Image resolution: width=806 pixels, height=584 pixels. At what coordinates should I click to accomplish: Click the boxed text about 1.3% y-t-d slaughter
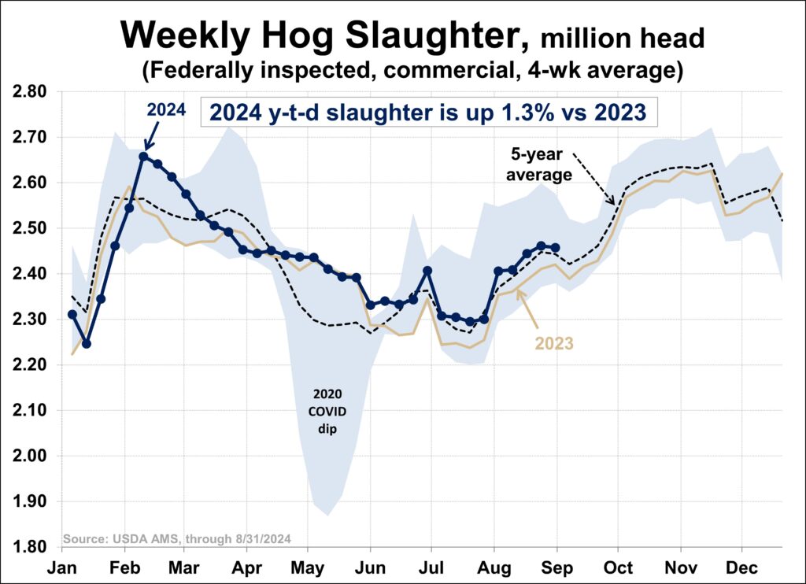[x=427, y=113]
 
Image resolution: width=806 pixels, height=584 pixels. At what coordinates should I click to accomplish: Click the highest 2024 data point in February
[x=143, y=156]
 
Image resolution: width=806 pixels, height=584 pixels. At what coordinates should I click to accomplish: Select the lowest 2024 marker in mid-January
[x=87, y=344]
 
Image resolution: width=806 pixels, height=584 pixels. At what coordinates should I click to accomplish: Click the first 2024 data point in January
[x=72, y=314]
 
